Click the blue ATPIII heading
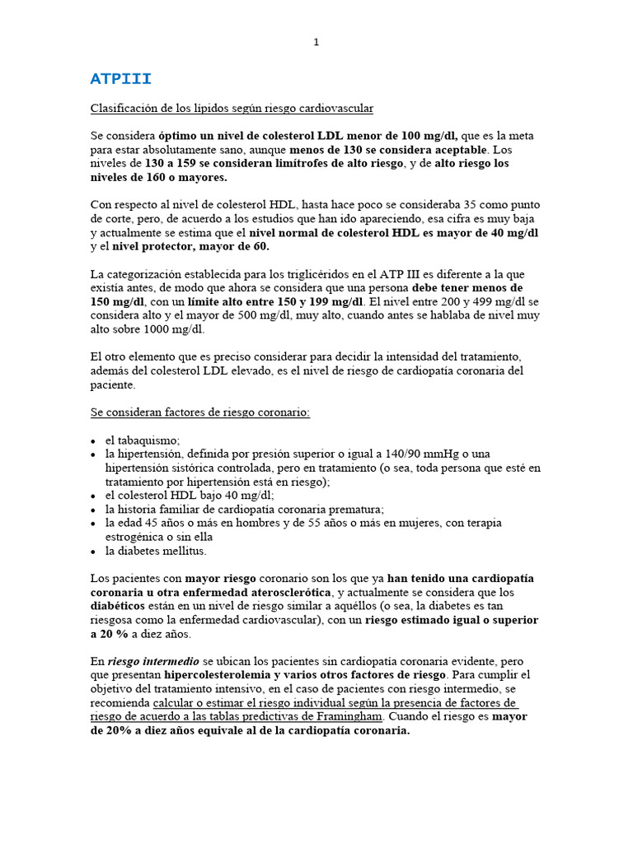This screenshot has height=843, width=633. point(120,79)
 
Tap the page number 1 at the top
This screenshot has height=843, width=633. point(316,43)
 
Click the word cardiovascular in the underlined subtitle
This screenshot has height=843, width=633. point(331,108)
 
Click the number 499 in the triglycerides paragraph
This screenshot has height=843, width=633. point(456,301)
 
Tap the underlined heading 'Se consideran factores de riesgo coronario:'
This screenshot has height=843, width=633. point(199,412)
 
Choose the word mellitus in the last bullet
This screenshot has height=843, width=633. point(184,550)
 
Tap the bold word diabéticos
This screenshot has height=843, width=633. point(120,606)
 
